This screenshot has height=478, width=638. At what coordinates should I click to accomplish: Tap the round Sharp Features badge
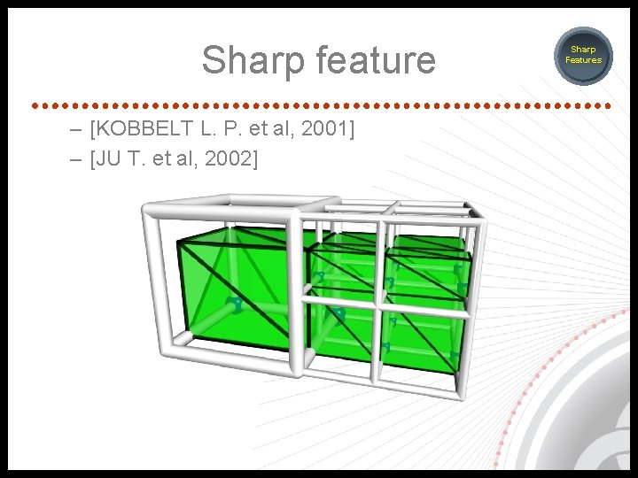click(584, 55)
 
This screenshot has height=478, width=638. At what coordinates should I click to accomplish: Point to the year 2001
click(328, 130)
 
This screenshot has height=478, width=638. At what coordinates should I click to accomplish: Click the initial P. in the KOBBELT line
click(233, 130)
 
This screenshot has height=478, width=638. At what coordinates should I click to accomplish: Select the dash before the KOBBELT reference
click(79, 130)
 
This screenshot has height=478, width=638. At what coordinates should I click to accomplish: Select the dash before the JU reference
click(79, 159)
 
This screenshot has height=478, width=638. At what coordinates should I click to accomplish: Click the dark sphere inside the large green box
click(235, 305)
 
